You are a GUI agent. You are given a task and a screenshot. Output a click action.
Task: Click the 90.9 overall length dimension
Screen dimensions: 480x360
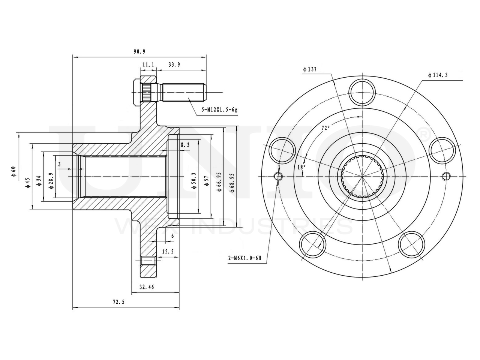pyautogui.click(x=139, y=52)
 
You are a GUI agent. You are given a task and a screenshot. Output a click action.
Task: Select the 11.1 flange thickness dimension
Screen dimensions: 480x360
pyautogui.click(x=148, y=65)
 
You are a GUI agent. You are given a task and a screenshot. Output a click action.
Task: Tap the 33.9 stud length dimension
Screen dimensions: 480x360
pyautogui.click(x=174, y=65)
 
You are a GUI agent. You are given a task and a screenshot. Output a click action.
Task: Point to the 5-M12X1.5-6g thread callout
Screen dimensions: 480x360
pyautogui.click(x=219, y=110)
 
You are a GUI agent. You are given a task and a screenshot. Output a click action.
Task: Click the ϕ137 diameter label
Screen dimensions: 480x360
pyautogui.click(x=310, y=69)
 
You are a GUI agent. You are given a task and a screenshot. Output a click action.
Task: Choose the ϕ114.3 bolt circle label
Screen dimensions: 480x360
pyautogui.click(x=438, y=75)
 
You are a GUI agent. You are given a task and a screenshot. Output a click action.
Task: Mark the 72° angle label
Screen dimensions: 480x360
pyautogui.click(x=325, y=128)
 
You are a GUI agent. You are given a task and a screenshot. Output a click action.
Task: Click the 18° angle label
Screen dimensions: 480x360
pyautogui.click(x=301, y=167)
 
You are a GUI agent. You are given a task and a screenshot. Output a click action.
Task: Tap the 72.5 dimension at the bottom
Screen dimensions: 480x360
pyautogui.click(x=119, y=302)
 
